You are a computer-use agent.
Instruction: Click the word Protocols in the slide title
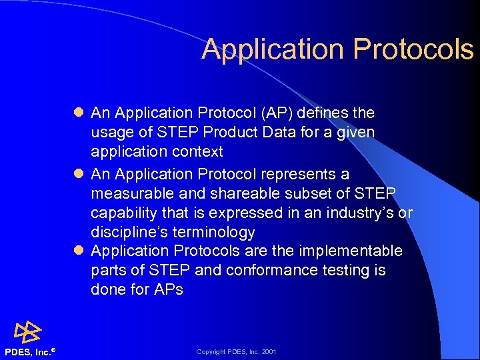coord(413,49)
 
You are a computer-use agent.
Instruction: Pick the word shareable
coord(241,193)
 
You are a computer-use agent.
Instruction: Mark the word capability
coord(122,213)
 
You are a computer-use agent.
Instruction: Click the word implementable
coord(351,251)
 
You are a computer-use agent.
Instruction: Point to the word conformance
coord(267,271)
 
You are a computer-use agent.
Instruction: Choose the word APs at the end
coord(167,290)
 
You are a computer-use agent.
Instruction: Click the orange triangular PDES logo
coord(27,331)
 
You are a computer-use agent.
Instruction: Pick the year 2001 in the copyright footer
coord(269,352)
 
